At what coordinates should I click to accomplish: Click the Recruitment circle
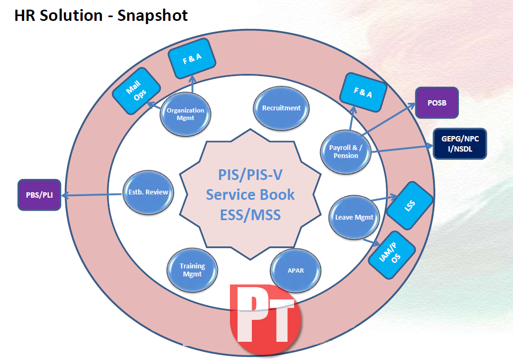(281, 108)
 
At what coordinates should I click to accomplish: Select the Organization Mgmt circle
(185, 114)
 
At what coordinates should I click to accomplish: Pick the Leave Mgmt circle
(354, 217)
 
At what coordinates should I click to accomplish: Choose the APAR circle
(295, 270)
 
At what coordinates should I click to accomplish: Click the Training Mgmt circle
(192, 269)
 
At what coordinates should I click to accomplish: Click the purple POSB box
(437, 103)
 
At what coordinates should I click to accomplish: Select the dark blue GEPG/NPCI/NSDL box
(459, 144)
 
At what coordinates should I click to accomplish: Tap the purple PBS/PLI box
(40, 194)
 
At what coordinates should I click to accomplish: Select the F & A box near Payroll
(363, 93)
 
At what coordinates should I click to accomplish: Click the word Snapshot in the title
(153, 15)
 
